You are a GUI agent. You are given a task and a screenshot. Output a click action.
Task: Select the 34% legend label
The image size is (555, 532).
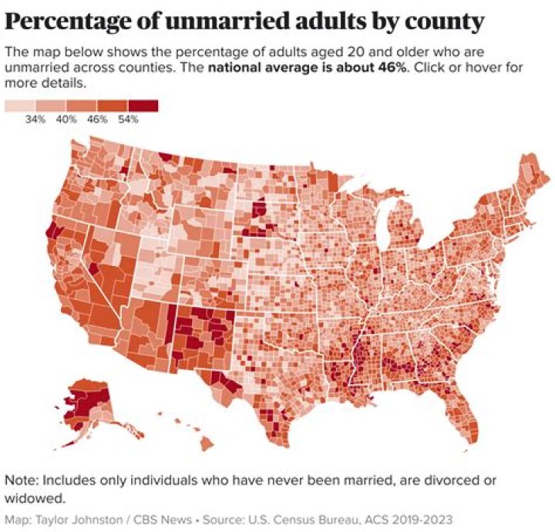pos(35,120)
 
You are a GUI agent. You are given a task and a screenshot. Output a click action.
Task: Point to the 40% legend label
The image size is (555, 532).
pos(66,120)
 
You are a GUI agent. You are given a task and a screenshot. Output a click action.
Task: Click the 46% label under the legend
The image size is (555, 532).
pos(97,120)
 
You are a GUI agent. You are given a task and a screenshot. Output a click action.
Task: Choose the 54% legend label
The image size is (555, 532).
pos(128,120)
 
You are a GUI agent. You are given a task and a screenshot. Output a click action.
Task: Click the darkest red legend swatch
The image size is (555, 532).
pos(143,106)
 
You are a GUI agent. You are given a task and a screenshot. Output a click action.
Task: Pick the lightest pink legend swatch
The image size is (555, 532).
pos(19,106)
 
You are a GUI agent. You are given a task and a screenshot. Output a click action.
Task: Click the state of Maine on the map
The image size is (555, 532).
pos(532,173)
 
